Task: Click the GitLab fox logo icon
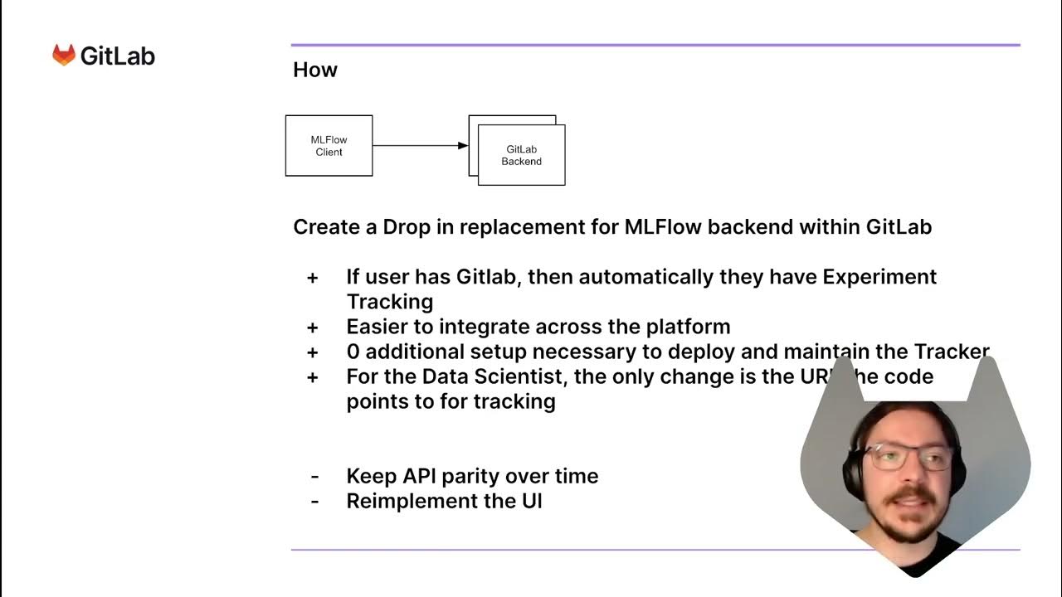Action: (64, 56)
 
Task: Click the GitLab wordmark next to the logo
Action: (117, 56)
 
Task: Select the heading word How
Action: (315, 70)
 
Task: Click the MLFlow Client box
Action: (329, 146)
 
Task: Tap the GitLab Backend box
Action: (521, 155)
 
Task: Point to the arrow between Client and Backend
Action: (420, 146)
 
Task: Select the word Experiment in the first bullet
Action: (879, 277)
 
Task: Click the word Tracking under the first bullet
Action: (389, 301)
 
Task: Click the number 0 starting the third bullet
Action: (353, 352)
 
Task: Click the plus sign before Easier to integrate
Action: (313, 327)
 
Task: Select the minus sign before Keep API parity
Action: (314, 477)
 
